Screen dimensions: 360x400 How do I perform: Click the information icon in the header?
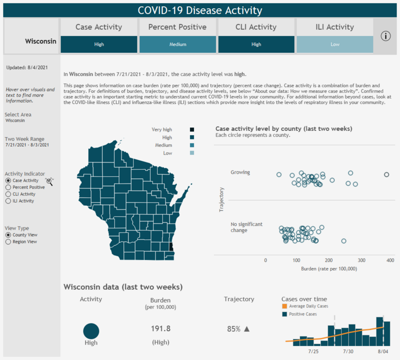[x=385, y=36]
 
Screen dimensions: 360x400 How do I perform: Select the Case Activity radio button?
[x=8, y=180]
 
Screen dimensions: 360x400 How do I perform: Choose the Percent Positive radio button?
[x=8, y=187]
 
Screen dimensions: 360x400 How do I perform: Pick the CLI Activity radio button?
[x=8, y=194]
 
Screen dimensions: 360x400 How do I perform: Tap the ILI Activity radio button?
[x=8, y=201]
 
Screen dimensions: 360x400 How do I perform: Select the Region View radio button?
[x=8, y=241]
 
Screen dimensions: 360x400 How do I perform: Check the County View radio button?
[x=8, y=234]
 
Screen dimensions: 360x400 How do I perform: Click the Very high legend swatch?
[x=192, y=129]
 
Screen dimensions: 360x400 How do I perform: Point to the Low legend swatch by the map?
[x=192, y=153]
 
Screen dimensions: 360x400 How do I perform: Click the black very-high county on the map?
[x=172, y=247]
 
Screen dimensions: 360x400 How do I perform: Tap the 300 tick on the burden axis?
[x=361, y=260]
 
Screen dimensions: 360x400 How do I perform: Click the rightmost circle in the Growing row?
[x=386, y=174]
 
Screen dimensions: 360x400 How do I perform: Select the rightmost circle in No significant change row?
[x=343, y=241]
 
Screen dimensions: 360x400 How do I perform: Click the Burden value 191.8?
[x=160, y=328]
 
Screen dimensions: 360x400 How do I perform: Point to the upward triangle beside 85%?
[x=246, y=329]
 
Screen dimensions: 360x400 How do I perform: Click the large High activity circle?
[x=91, y=331]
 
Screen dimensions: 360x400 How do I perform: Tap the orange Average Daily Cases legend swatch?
[x=284, y=306]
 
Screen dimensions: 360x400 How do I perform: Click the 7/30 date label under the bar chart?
[x=348, y=351]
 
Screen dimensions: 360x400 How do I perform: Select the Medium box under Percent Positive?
[x=177, y=44]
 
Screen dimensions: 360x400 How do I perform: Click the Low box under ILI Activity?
[x=334, y=44]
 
